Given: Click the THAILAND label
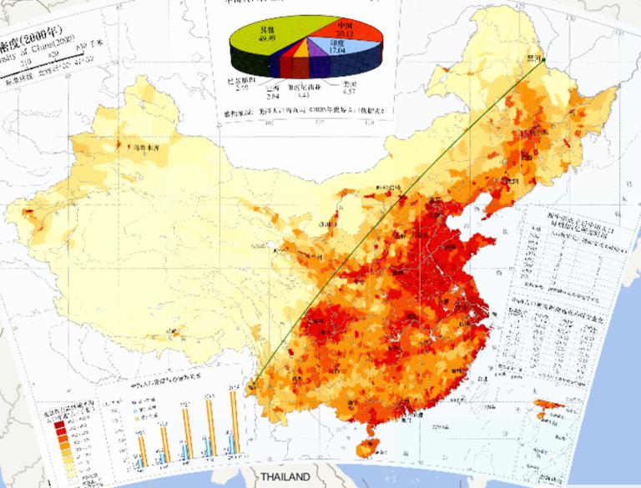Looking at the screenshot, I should tap(285, 477).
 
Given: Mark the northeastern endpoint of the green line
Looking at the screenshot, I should tap(541, 59).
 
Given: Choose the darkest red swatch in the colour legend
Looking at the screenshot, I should tap(61, 423).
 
